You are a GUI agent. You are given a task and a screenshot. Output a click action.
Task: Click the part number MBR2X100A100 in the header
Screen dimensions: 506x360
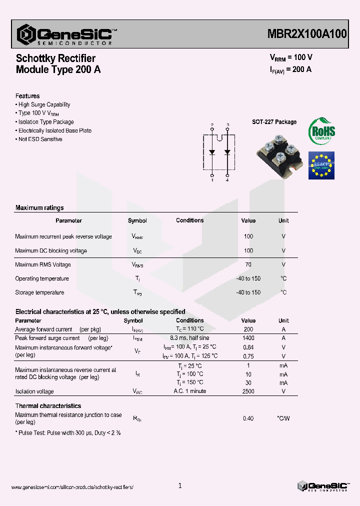(x=305, y=34)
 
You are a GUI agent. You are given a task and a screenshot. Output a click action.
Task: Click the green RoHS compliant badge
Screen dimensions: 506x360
(x=321, y=131)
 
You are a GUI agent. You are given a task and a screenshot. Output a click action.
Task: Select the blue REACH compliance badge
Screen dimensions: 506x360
(x=321, y=165)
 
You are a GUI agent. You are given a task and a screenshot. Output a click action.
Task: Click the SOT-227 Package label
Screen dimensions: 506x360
(x=274, y=122)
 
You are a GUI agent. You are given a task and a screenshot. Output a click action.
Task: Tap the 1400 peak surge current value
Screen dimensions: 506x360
(x=248, y=338)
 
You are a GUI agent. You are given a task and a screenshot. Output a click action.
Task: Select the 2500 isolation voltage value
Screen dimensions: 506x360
(x=248, y=391)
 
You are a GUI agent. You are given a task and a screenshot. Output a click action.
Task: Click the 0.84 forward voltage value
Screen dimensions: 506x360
(x=248, y=347)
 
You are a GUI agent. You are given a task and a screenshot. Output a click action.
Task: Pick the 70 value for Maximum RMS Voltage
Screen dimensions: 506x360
(x=248, y=265)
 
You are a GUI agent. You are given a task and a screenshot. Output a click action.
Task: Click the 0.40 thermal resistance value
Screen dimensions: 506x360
(x=248, y=418)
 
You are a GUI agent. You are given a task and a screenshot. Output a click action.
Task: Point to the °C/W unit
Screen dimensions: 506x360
(x=283, y=418)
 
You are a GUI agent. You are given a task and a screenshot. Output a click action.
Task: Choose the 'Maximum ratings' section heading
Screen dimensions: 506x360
(x=39, y=208)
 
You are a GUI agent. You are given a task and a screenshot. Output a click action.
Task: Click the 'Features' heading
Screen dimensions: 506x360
(x=27, y=96)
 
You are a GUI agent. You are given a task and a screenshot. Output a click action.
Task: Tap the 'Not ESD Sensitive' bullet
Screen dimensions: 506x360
(x=40, y=139)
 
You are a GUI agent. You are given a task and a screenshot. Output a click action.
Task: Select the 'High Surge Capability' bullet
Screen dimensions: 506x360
(x=44, y=105)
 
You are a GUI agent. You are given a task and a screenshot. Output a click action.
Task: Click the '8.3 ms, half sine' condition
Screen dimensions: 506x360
(x=190, y=338)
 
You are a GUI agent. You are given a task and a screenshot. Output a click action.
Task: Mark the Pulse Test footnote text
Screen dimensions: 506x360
(x=69, y=432)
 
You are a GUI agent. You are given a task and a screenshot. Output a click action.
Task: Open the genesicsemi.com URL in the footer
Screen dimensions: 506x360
(x=72, y=487)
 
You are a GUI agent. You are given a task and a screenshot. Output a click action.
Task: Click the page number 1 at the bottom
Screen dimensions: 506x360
(x=180, y=485)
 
